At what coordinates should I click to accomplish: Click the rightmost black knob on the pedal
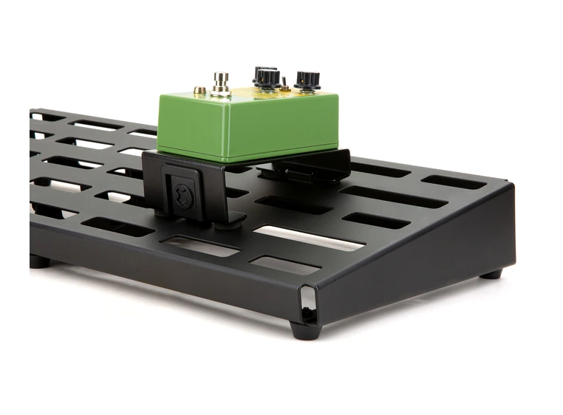(307, 79)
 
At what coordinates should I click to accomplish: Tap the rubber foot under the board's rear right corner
(490, 274)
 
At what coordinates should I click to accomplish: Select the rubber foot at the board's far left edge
(38, 261)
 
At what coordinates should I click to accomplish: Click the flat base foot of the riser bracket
(222, 219)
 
